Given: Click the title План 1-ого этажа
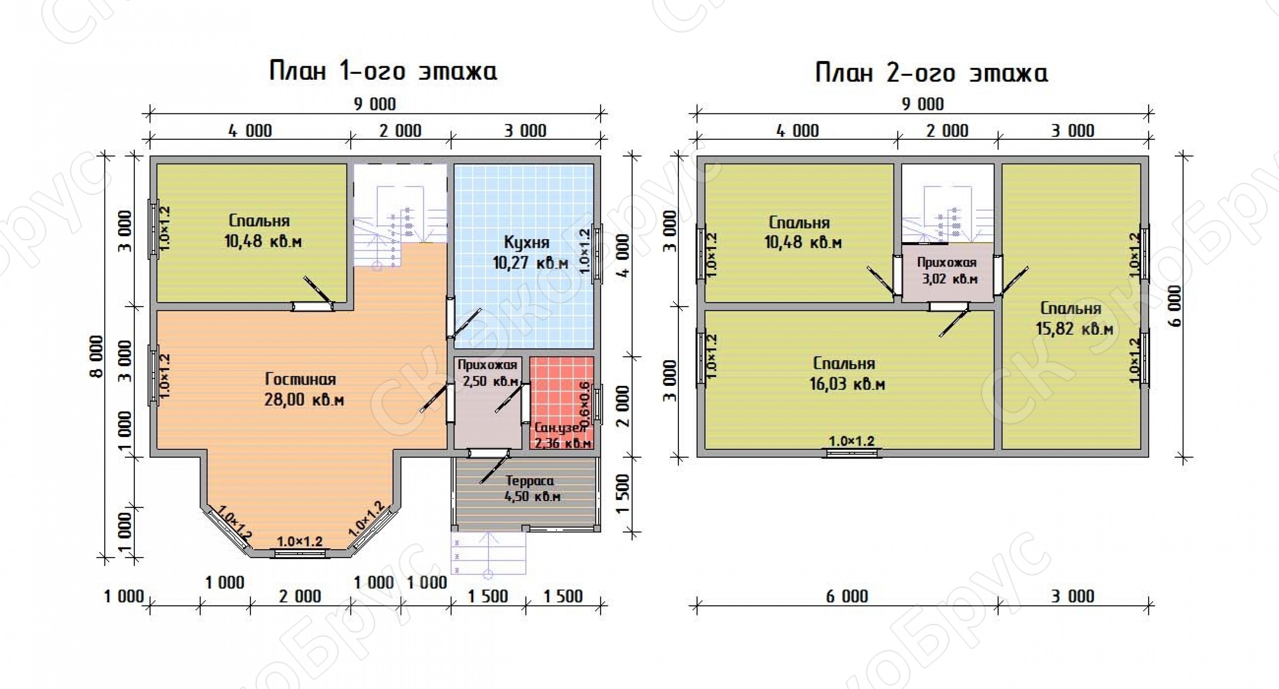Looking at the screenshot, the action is click(383, 71).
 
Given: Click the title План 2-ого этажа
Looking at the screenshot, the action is click(932, 72).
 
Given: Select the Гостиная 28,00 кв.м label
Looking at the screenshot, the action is click(304, 389).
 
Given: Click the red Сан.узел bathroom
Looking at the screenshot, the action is click(561, 402).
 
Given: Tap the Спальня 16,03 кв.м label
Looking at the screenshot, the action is click(847, 374).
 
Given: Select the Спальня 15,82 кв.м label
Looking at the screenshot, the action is click(1074, 318).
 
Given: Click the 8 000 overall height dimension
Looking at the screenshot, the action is click(97, 356).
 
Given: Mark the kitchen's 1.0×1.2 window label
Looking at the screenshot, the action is click(584, 251).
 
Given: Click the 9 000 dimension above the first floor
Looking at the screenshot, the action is click(375, 104).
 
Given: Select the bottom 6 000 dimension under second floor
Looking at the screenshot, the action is click(847, 596).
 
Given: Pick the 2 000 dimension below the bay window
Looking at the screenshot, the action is click(300, 596).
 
